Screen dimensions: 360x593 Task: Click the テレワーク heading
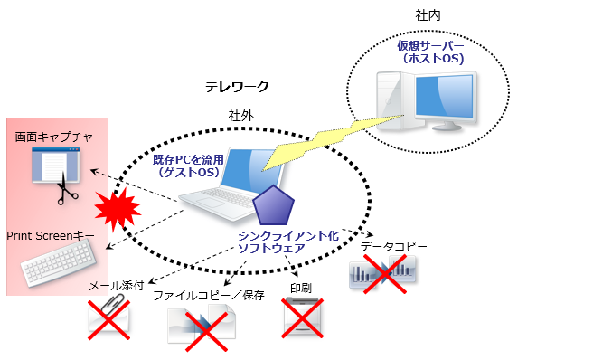pos(237,87)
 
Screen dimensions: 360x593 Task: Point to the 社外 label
pos(241,116)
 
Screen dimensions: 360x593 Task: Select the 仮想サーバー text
pos(430,45)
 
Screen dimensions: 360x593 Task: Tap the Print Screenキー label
pos(51,235)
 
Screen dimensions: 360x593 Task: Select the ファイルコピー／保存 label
pos(208,295)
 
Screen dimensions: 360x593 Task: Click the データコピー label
pos(393,246)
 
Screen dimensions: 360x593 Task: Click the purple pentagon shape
pos(274,207)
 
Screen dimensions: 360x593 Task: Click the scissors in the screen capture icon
pos(65,192)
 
